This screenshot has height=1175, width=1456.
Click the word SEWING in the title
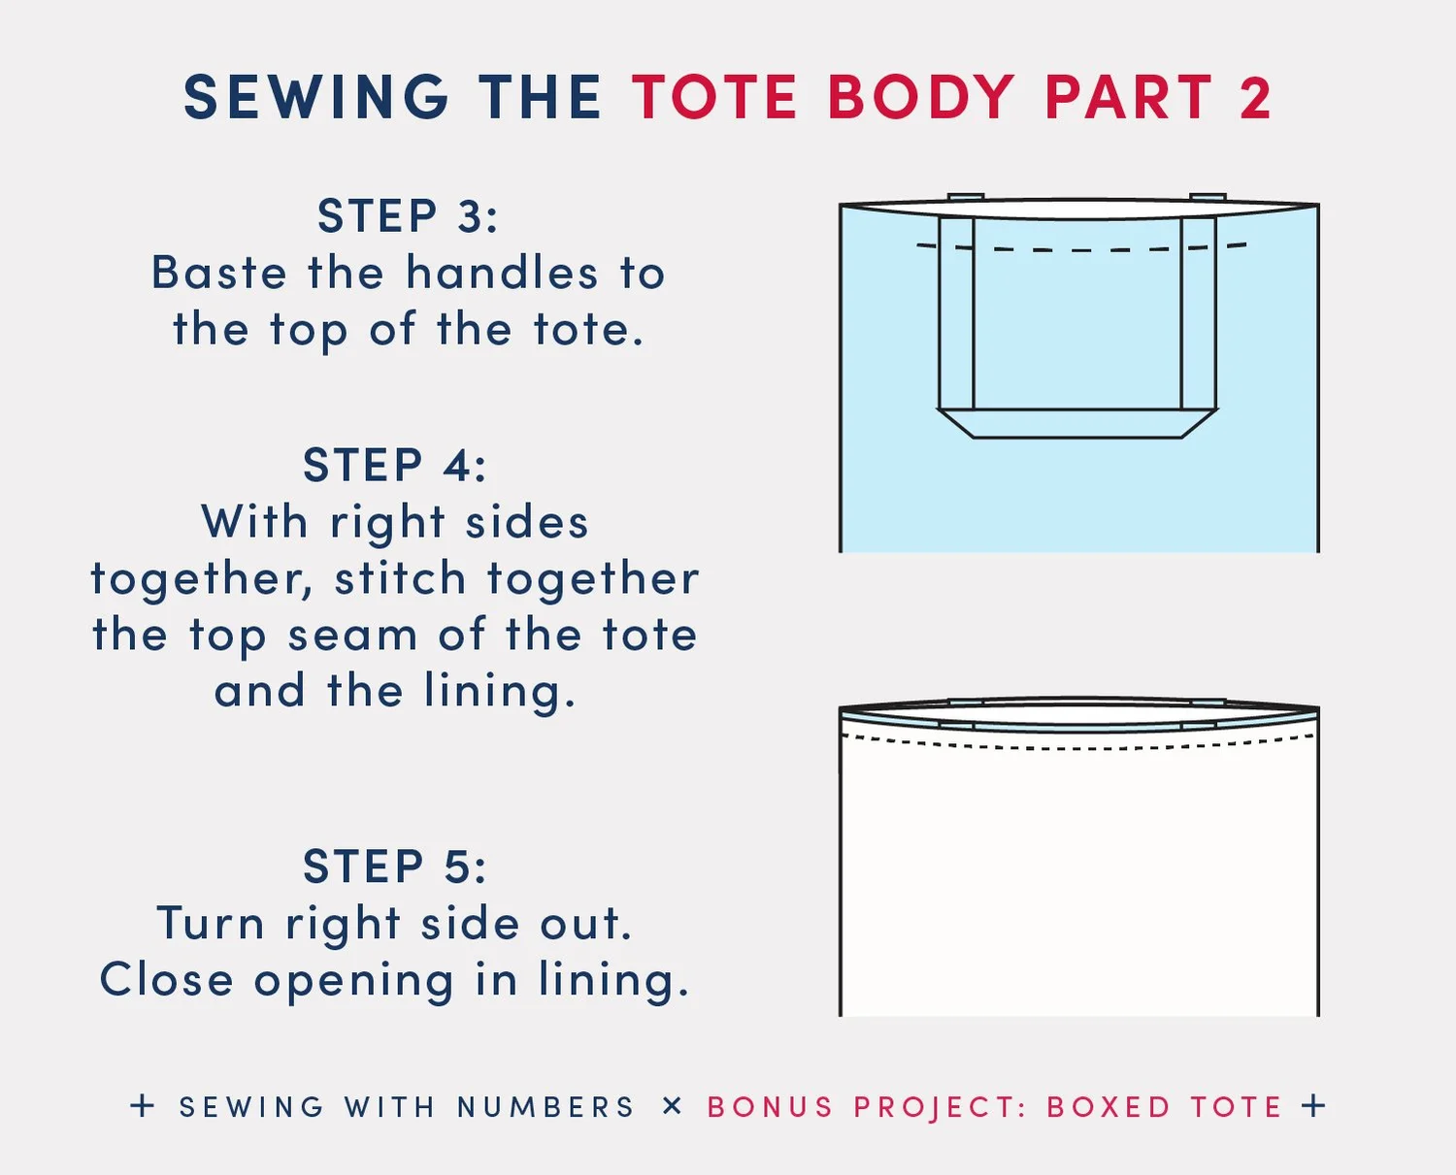(315, 98)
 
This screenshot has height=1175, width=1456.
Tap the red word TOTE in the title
(714, 98)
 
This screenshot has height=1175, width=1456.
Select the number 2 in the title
(1255, 98)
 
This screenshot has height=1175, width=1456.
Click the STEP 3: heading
(408, 215)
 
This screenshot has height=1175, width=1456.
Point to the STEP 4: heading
(395, 465)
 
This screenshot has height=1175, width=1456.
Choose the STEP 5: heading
(395, 866)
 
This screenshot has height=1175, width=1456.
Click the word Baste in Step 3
(219, 273)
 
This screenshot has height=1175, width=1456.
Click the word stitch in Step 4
(400, 579)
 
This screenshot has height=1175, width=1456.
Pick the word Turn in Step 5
(211, 923)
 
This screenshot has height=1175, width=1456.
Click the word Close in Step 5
(166, 979)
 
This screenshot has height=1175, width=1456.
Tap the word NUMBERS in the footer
(546, 1107)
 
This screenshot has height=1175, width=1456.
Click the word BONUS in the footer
(770, 1107)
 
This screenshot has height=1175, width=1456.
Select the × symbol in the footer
(672, 1106)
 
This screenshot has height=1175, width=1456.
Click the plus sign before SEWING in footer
(143, 1106)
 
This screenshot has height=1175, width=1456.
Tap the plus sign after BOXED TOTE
(1313, 1106)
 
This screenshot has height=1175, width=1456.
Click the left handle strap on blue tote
(956, 310)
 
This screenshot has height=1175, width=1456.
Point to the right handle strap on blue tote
(1198, 310)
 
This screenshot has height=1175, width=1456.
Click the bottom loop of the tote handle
(1077, 423)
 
